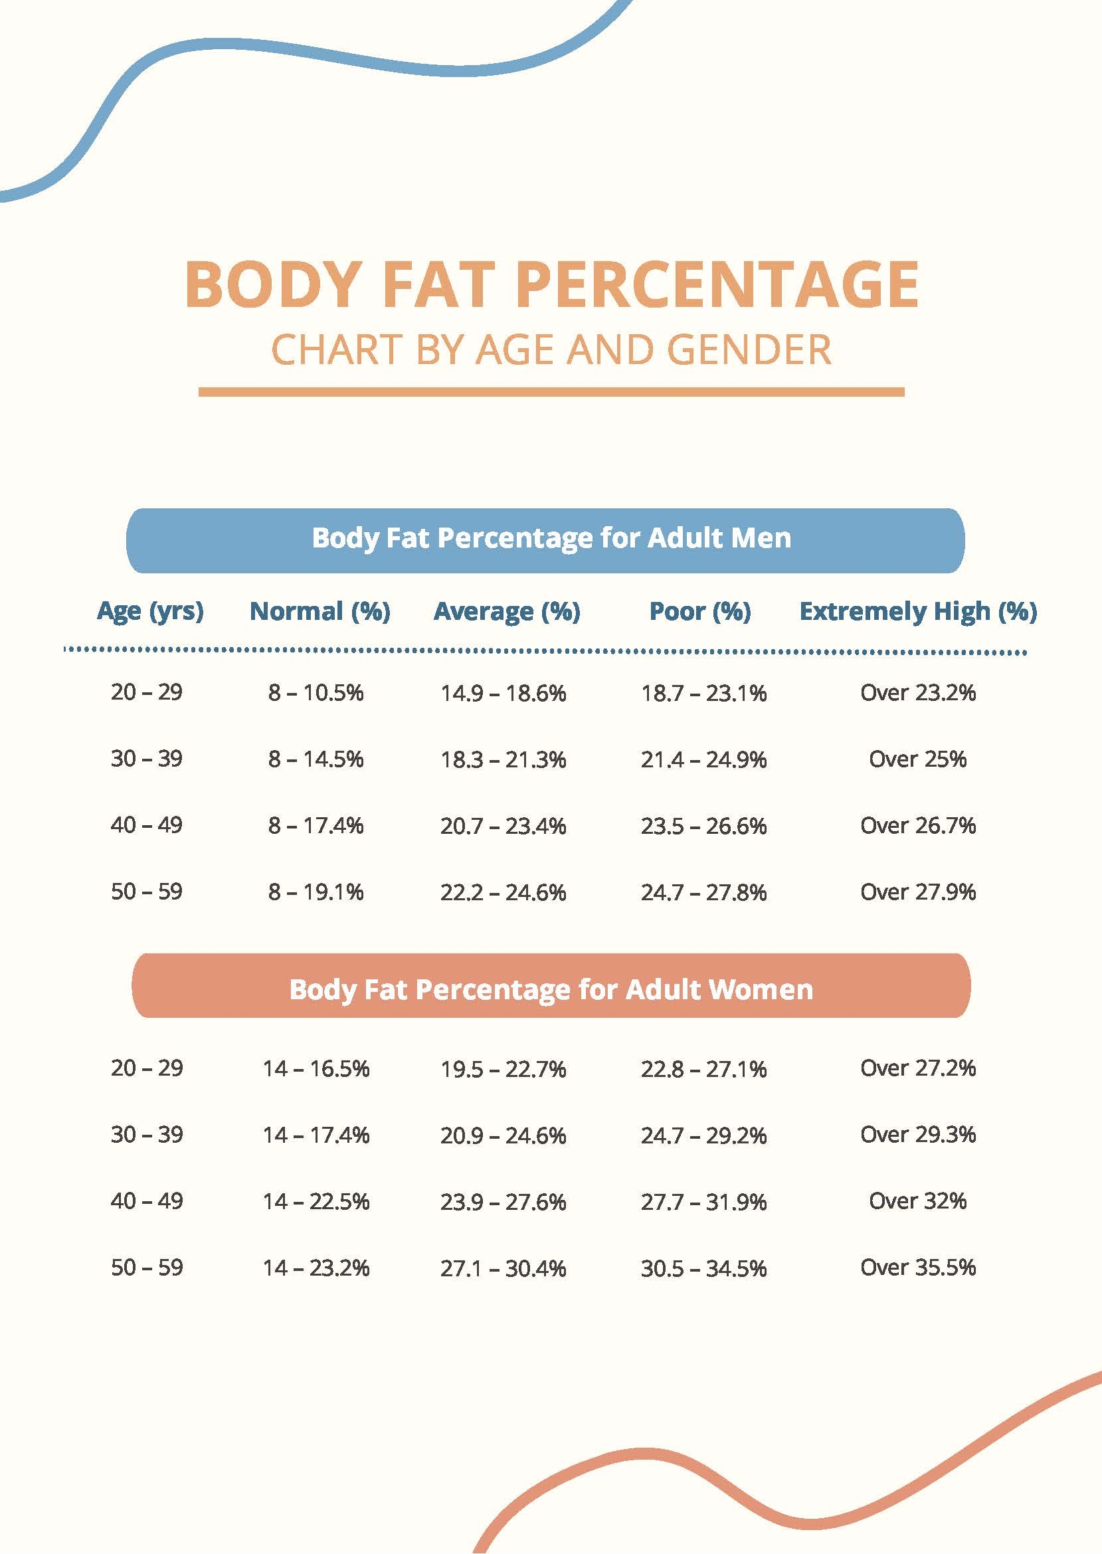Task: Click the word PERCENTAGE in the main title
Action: click(717, 284)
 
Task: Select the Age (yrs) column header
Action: click(150, 611)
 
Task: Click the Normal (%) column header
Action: click(320, 611)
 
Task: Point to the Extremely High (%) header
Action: click(917, 611)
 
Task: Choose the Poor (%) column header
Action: click(699, 611)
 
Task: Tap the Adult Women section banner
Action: click(550, 989)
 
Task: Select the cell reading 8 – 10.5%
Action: click(316, 693)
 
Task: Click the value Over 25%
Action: click(917, 759)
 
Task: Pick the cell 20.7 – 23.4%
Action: click(503, 826)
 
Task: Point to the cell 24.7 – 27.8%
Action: click(703, 892)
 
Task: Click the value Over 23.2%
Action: click(917, 692)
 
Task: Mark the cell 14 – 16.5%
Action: click(316, 1069)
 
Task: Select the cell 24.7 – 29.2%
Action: click(703, 1135)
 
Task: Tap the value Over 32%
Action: click(917, 1201)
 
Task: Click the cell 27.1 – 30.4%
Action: click(503, 1268)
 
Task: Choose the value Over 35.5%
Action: click(917, 1267)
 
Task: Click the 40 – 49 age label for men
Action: click(147, 825)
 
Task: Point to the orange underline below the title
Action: click(551, 391)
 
